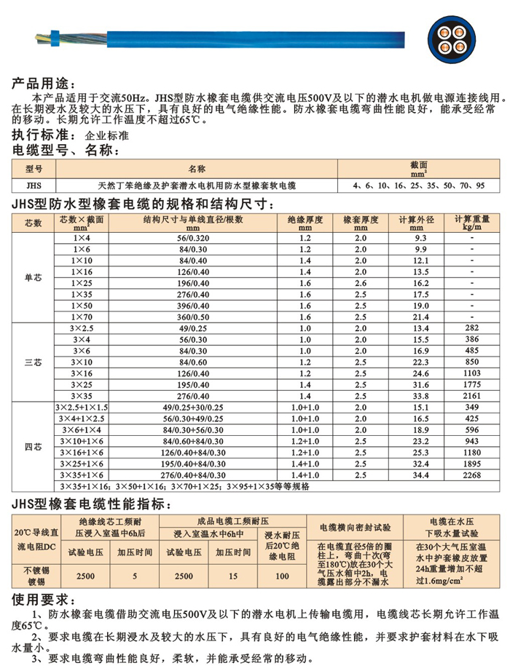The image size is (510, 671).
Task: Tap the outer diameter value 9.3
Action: [x=420, y=238]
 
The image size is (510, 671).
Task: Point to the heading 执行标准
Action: [x=41, y=135]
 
